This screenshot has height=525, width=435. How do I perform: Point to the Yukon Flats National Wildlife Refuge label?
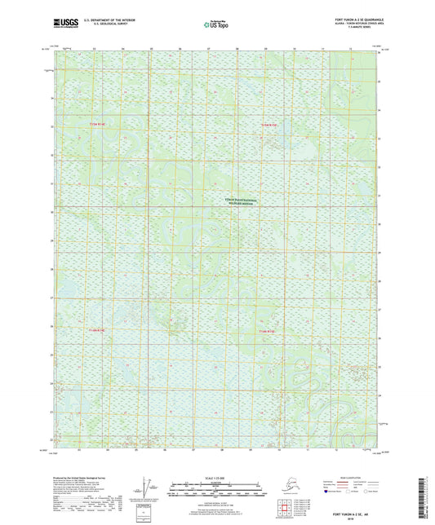click(x=241, y=201)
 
